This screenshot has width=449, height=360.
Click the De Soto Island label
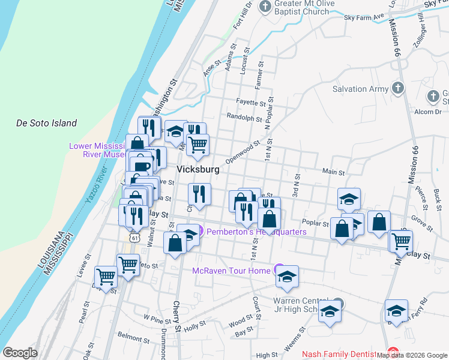click(46, 123)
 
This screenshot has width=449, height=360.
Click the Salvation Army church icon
click(397, 89)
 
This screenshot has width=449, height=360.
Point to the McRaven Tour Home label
click(231, 271)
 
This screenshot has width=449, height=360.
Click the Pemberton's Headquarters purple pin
click(200, 231)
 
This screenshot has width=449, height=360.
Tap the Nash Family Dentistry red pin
click(393, 353)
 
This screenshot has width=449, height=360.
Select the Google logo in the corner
click(20, 352)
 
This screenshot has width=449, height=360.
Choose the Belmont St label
click(133, 334)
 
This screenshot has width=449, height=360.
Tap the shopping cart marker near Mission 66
click(401, 240)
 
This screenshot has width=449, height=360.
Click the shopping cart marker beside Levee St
click(106, 277)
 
